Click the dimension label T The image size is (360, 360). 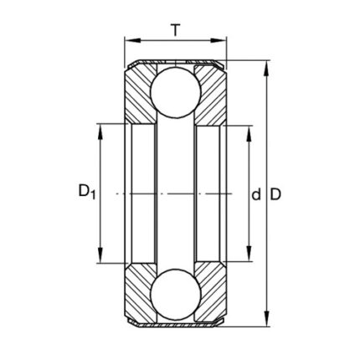pos(175,30)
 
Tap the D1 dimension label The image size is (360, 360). pos(87,192)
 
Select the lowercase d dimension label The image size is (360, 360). pos(256,194)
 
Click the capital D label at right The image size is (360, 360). pos(275,194)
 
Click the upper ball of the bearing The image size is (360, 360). pos(176,92)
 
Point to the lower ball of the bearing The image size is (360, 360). pos(176,295)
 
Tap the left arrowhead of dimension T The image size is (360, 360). pos(131,40)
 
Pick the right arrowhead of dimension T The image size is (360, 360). pos(218,40)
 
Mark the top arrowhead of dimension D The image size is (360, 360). pos(267,69)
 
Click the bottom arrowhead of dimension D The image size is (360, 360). pos(267,319)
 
